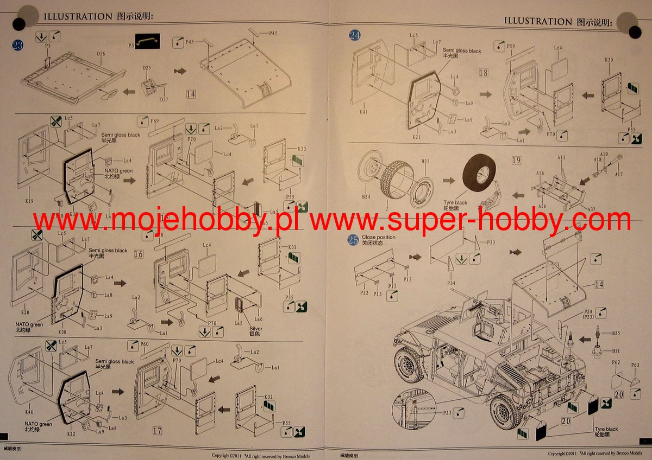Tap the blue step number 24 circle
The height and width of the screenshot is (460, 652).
[355, 36]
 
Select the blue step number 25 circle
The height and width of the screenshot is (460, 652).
[354, 240]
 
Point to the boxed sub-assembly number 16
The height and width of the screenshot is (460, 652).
[139, 254]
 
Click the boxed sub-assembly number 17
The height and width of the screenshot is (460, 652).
[157, 431]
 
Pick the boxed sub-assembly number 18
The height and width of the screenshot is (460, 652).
[483, 72]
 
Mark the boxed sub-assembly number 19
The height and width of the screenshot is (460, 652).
[517, 161]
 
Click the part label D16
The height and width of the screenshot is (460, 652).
[101, 54]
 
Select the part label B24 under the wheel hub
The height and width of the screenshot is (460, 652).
[366, 197]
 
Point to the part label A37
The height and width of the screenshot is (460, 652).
[592, 209]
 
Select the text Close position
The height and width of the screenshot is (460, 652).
[379, 238]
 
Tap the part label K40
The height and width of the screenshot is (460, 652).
[29, 412]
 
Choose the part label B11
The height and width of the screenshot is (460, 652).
[616, 352]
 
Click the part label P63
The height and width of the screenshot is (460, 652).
[635, 365]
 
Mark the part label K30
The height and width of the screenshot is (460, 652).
[609, 60]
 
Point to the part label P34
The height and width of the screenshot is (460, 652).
[451, 283]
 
